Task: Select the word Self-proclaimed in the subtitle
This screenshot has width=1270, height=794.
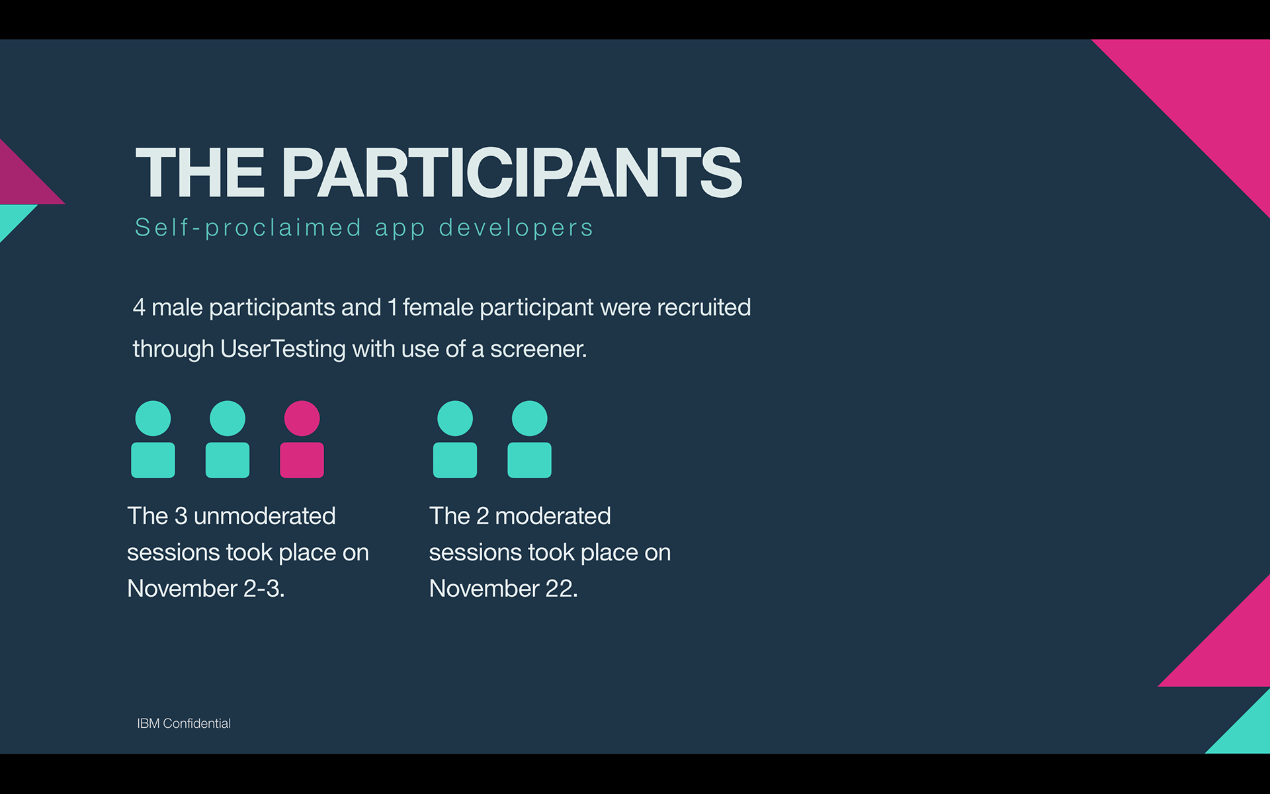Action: (248, 228)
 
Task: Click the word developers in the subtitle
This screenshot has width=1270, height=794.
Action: (516, 228)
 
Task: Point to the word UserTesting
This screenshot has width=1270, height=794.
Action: (282, 349)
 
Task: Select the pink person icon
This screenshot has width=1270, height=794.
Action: (302, 439)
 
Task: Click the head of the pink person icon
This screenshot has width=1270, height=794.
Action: (302, 418)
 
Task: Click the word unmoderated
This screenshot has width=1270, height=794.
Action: (265, 515)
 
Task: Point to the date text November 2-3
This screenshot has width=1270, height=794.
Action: (206, 588)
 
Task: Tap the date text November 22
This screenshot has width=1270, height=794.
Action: (503, 588)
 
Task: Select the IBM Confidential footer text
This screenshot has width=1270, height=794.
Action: (184, 723)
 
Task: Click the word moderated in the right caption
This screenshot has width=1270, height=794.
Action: (553, 515)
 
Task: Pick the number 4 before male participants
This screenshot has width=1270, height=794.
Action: (139, 307)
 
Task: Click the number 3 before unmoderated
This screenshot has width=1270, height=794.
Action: (181, 515)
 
